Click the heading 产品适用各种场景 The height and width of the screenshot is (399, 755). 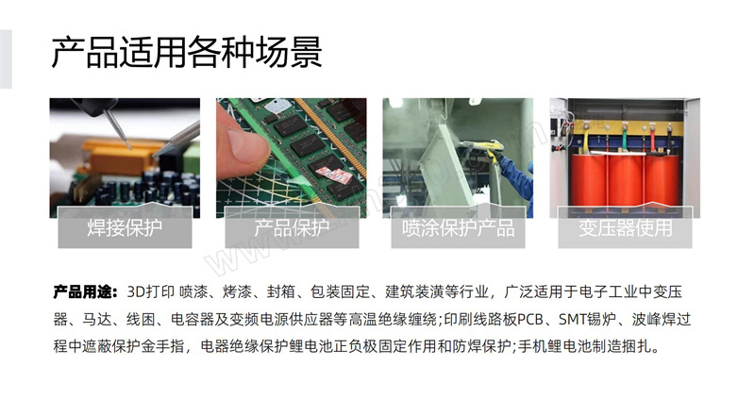(186, 53)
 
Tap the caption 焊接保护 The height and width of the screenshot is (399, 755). (125, 227)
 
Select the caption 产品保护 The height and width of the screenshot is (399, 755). (292, 227)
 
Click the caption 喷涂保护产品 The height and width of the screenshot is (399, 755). (458, 227)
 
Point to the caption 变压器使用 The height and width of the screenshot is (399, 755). (625, 227)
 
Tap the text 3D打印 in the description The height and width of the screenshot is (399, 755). (150, 292)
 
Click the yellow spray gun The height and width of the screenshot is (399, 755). (481, 146)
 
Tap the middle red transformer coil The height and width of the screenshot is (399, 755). (626, 179)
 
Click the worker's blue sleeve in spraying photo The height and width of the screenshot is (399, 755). (516, 179)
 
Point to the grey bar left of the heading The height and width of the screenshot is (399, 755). (6, 58)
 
